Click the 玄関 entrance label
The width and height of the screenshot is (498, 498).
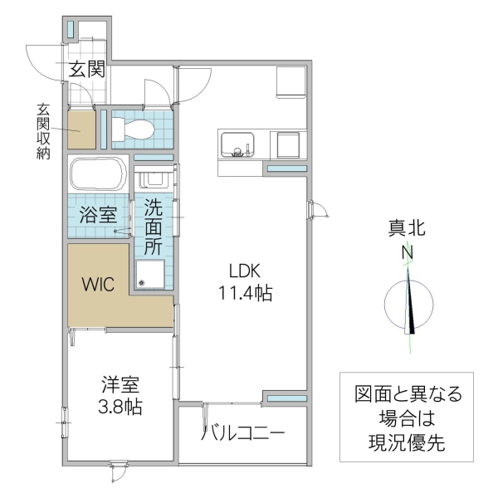pyautogui.click(x=86, y=71)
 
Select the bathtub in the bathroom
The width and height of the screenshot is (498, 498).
pyautogui.click(x=98, y=174)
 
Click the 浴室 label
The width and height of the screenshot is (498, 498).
pyautogui.click(x=97, y=216)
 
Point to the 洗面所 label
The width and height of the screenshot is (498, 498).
pyautogui.click(x=154, y=226)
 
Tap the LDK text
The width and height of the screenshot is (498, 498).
pyautogui.click(x=246, y=271)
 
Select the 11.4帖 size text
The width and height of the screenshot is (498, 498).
pyautogui.click(x=246, y=293)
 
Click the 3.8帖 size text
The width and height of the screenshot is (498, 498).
pyautogui.click(x=121, y=407)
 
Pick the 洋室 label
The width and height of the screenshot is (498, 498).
pyautogui.click(x=121, y=385)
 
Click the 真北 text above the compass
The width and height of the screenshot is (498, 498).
pyautogui.click(x=408, y=227)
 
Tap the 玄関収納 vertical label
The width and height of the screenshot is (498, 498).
pyautogui.click(x=42, y=131)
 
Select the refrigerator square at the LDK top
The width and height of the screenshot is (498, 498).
pyautogui.click(x=292, y=82)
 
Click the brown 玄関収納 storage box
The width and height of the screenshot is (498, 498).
pyautogui.click(x=81, y=128)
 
